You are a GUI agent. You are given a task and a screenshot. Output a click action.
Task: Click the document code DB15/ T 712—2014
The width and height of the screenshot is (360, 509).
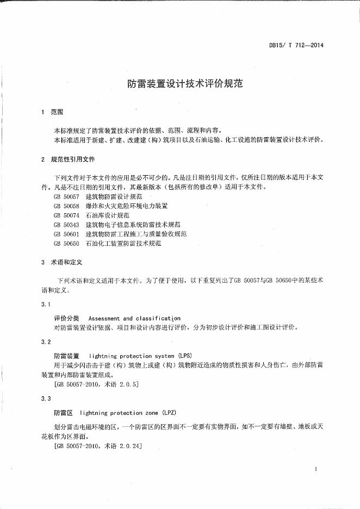click(296, 45)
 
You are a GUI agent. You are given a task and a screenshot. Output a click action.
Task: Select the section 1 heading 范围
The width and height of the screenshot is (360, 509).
click(57, 112)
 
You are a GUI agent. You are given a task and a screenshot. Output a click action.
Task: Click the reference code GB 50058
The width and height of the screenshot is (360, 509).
click(66, 206)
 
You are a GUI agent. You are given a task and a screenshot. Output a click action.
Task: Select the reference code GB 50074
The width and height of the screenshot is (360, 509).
click(66, 215)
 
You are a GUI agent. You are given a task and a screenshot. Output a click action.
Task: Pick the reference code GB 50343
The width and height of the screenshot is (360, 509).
click(66, 225)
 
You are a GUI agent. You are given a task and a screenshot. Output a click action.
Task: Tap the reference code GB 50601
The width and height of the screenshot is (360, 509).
click(66, 234)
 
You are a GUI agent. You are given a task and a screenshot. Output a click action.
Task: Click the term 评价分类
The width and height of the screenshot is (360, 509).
click(66, 318)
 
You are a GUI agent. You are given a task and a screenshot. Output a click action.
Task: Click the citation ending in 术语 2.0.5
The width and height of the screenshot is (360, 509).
click(97, 384)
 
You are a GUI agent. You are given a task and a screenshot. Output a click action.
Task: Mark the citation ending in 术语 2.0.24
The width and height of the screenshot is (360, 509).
click(98, 446)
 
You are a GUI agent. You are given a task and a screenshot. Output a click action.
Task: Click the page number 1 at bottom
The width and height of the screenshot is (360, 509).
click(315, 469)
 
